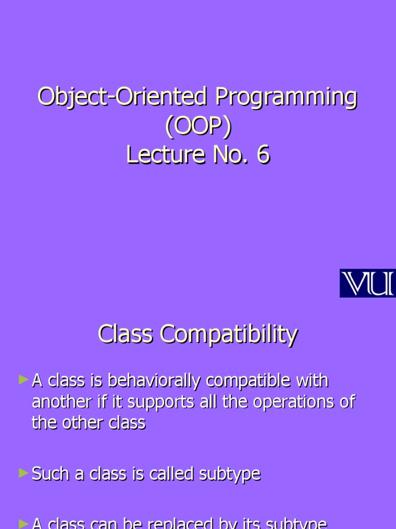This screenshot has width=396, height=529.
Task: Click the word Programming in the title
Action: pos(286,98)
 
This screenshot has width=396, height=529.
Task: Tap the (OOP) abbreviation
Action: pos(197,126)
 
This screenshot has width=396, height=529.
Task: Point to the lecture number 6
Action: pos(263,155)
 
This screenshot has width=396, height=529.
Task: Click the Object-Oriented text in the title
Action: pos(124,98)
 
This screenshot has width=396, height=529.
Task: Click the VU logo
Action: pos(367,283)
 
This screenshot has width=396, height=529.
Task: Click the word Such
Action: pos(50,474)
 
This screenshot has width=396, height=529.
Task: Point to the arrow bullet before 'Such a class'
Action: pos(23,472)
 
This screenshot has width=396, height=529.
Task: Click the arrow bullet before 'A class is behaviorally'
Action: pos(23,380)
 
